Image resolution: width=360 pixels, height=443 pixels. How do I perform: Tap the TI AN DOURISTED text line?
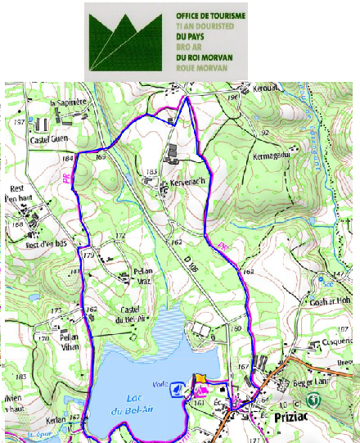click(x=205, y=26)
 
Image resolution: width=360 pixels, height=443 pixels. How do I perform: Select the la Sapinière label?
click(x=67, y=104)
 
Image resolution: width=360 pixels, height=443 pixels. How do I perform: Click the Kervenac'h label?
click(x=187, y=183)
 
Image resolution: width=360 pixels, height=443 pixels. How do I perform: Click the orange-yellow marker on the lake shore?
click(x=200, y=379)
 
